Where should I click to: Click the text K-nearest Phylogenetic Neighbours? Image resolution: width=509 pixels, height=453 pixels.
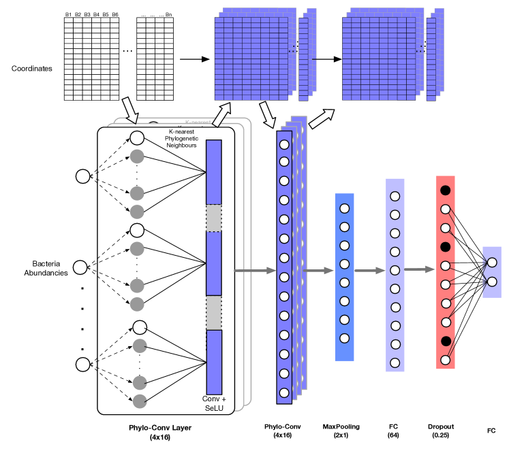[x=181, y=138]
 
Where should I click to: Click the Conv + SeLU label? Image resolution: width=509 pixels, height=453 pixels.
[x=214, y=403]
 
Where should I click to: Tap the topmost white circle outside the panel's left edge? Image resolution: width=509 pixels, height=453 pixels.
[x=82, y=177]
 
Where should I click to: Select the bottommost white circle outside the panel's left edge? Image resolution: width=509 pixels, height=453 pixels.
[x=82, y=365]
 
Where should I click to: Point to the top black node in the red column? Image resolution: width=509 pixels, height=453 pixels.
[x=446, y=190]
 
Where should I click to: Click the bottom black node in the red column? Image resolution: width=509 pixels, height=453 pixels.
[x=446, y=341]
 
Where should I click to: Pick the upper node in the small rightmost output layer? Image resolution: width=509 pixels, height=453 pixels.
[x=492, y=263]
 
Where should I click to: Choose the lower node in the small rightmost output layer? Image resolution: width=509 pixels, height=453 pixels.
[x=492, y=282]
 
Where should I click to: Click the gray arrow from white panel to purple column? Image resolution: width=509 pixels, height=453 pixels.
[x=255, y=271]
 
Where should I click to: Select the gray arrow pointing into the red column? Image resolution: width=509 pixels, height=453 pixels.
[x=420, y=269]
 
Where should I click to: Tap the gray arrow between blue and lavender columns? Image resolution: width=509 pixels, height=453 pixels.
[x=370, y=271]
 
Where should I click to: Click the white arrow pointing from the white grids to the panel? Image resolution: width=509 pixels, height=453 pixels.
[x=129, y=109]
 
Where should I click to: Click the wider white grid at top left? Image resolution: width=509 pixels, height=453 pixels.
[x=91, y=59]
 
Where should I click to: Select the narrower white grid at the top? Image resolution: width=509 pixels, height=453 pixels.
[x=155, y=59]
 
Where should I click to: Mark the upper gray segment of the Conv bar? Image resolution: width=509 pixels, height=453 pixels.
[x=214, y=218]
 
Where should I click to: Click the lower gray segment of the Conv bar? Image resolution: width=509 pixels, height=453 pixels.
[x=214, y=312]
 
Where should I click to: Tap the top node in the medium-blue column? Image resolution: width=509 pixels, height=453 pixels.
[x=345, y=209]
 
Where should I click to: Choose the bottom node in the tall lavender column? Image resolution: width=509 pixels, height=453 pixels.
[x=395, y=363]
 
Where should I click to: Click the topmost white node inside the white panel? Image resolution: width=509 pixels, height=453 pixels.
[x=137, y=138]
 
